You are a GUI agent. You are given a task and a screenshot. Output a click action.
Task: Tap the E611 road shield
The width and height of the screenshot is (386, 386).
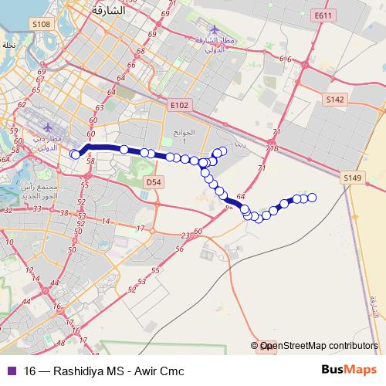[x=323, y=15]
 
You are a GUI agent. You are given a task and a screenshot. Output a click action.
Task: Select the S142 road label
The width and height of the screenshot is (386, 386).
[x=334, y=100]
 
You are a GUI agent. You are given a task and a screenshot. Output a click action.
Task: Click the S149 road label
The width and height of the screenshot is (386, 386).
[x=352, y=178]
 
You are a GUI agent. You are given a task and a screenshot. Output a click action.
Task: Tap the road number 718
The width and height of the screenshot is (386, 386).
[x=271, y=149]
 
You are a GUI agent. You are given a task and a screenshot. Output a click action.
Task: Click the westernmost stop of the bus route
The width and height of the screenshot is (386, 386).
[x=75, y=154]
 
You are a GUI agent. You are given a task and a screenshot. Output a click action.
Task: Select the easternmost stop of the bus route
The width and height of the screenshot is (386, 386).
[x=313, y=198]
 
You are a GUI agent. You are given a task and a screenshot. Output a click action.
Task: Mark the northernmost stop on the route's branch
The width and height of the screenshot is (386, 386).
[x=223, y=151]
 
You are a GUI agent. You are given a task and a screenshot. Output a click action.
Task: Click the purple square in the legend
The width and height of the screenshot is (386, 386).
[x=10, y=371]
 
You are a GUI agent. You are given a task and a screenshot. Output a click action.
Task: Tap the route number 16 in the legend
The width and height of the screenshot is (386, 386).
[x=29, y=371]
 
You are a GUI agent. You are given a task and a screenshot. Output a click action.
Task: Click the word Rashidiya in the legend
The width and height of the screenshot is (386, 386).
[x=80, y=371]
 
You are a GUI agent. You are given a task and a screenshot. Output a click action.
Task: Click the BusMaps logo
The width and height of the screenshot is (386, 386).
[x=350, y=371]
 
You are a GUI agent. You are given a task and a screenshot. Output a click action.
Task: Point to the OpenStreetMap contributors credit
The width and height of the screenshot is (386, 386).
[x=318, y=347]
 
